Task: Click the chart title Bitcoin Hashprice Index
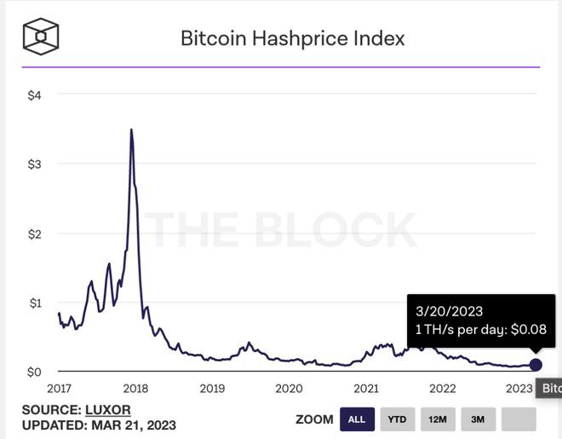292,38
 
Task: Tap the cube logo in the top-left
41,36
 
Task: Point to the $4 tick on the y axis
33,95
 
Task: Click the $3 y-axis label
33,164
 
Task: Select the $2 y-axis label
33,234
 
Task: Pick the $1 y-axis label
33,303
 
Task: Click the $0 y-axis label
33,373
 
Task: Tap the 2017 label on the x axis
59,389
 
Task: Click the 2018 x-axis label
135,389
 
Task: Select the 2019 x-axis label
212,389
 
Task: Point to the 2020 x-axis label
290,389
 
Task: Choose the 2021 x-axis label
366,389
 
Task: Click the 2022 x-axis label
443,389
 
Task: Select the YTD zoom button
397,419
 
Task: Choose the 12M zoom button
438,419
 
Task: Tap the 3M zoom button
479,419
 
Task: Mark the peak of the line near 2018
130,130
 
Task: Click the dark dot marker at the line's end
535,365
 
